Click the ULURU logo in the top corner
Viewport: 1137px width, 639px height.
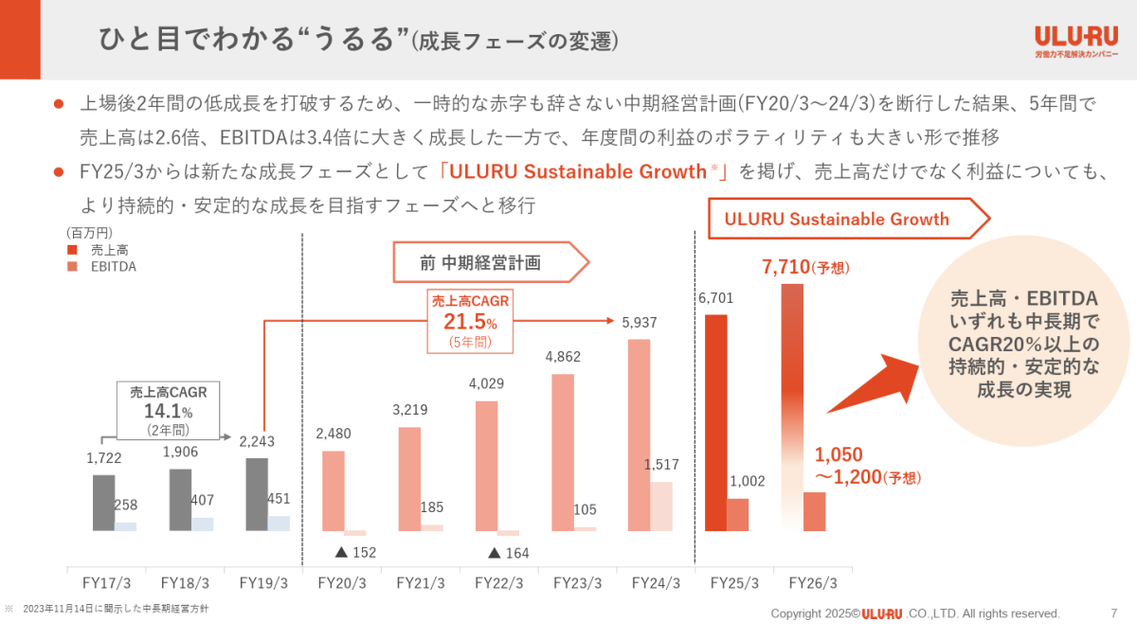[1075, 42]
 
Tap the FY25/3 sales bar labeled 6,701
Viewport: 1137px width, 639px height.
[716, 422]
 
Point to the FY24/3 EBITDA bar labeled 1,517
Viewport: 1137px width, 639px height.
[660, 506]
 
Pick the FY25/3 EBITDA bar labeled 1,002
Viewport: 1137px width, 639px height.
[737, 514]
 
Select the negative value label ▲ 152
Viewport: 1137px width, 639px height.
[356, 551]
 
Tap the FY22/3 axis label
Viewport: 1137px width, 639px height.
[499, 583]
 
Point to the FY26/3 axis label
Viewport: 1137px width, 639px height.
[812, 583]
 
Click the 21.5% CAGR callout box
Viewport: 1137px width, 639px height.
[471, 320]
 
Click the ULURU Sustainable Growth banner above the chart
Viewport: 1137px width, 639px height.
[841, 220]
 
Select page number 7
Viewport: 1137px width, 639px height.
[1113, 612]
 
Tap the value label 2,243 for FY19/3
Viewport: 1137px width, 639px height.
[257, 441]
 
